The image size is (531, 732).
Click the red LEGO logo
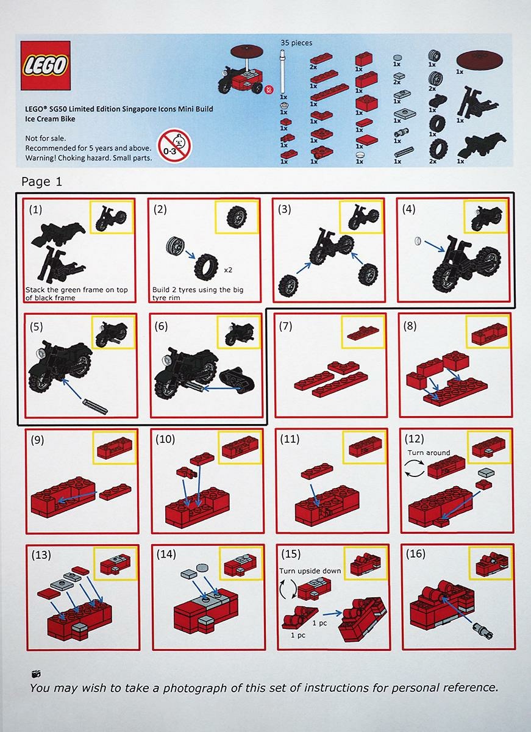coord(46,65)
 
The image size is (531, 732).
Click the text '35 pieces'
coord(296,43)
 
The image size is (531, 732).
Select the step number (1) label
coord(36,209)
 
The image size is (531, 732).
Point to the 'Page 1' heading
coord(41,181)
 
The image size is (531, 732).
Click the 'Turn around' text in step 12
coord(429,453)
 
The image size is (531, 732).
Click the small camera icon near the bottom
coord(37,674)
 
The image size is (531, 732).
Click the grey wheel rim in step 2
coord(174,247)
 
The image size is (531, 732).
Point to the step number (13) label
coord(41,554)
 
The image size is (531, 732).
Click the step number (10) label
coord(166,439)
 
